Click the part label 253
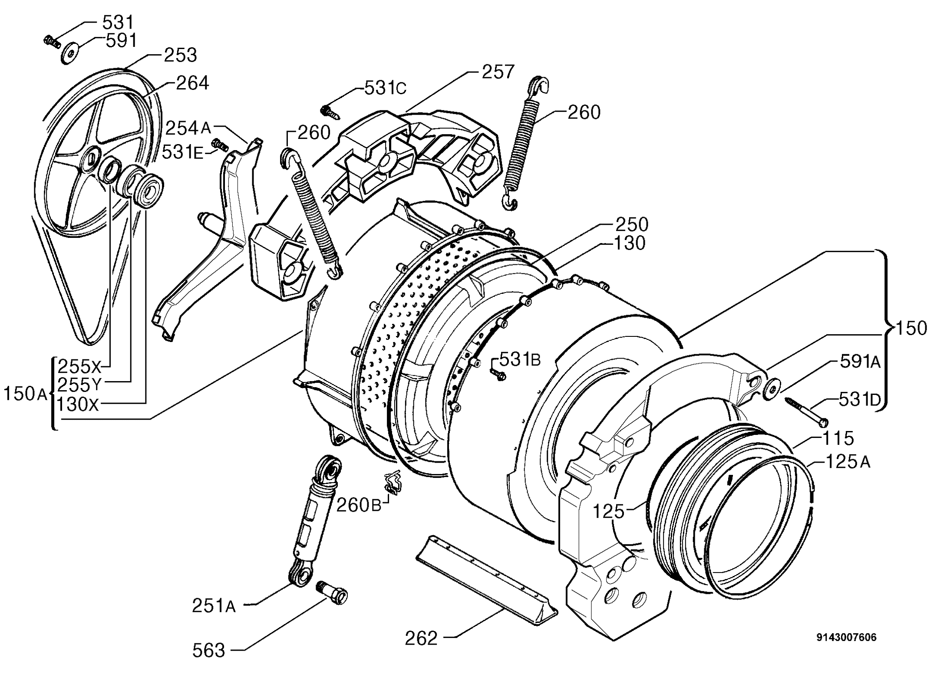point(181,55)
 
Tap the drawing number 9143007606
point(847,638)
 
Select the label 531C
point(385,88)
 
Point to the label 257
point(498,72)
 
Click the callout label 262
point(422,638)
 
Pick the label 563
point(209,651)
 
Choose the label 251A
point(214,606)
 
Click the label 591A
point(860,362)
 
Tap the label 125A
point(848,461)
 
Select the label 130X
point(78,404)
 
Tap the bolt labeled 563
point(333,592)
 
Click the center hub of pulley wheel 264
point(92,157)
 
